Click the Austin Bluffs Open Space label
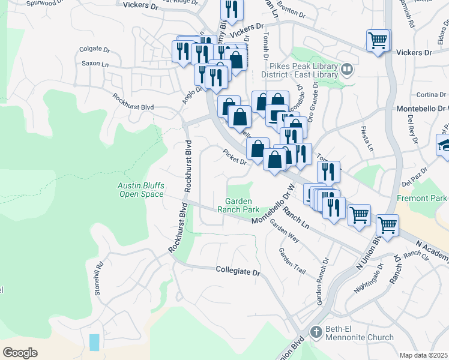coord(140,190)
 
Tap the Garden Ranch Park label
coord(242,205)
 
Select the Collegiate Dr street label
coord(238,272)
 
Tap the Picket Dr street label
coord(235,157)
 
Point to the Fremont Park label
coord(422,198)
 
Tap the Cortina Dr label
coord(429,95)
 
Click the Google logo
coord(20,352)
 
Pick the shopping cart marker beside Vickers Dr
coord(378,41)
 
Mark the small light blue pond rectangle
coord(94,343)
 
